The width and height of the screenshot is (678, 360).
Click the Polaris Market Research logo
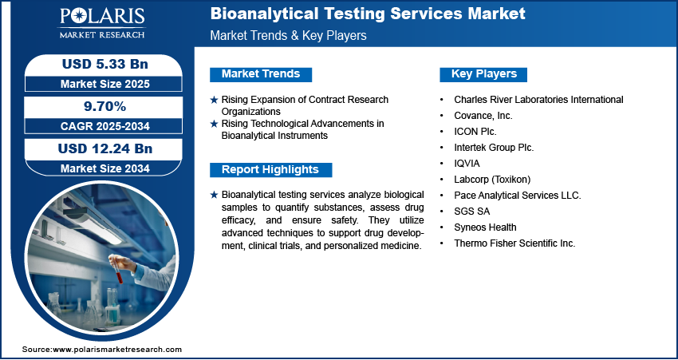point(102,22)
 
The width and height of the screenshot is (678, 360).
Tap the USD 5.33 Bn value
point(105,64)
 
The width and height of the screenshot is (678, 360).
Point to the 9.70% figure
point(104,106)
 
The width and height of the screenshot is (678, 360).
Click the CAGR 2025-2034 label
point(105,126)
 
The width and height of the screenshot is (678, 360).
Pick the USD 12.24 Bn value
point(105,148)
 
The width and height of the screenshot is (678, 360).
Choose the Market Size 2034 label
point(105,168)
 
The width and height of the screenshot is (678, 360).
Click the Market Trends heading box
point(261,74)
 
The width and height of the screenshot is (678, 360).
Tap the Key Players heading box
point(483,74)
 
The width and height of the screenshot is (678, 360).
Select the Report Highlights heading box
point(270,170)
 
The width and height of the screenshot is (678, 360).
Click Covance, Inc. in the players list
point(483,116)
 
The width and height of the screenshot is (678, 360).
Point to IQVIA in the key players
point(467,164)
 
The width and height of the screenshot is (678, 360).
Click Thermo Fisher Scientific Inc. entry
point(514,243)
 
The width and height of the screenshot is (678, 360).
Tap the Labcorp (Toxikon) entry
point(492,180)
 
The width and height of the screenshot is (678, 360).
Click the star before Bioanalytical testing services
point(214,195)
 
